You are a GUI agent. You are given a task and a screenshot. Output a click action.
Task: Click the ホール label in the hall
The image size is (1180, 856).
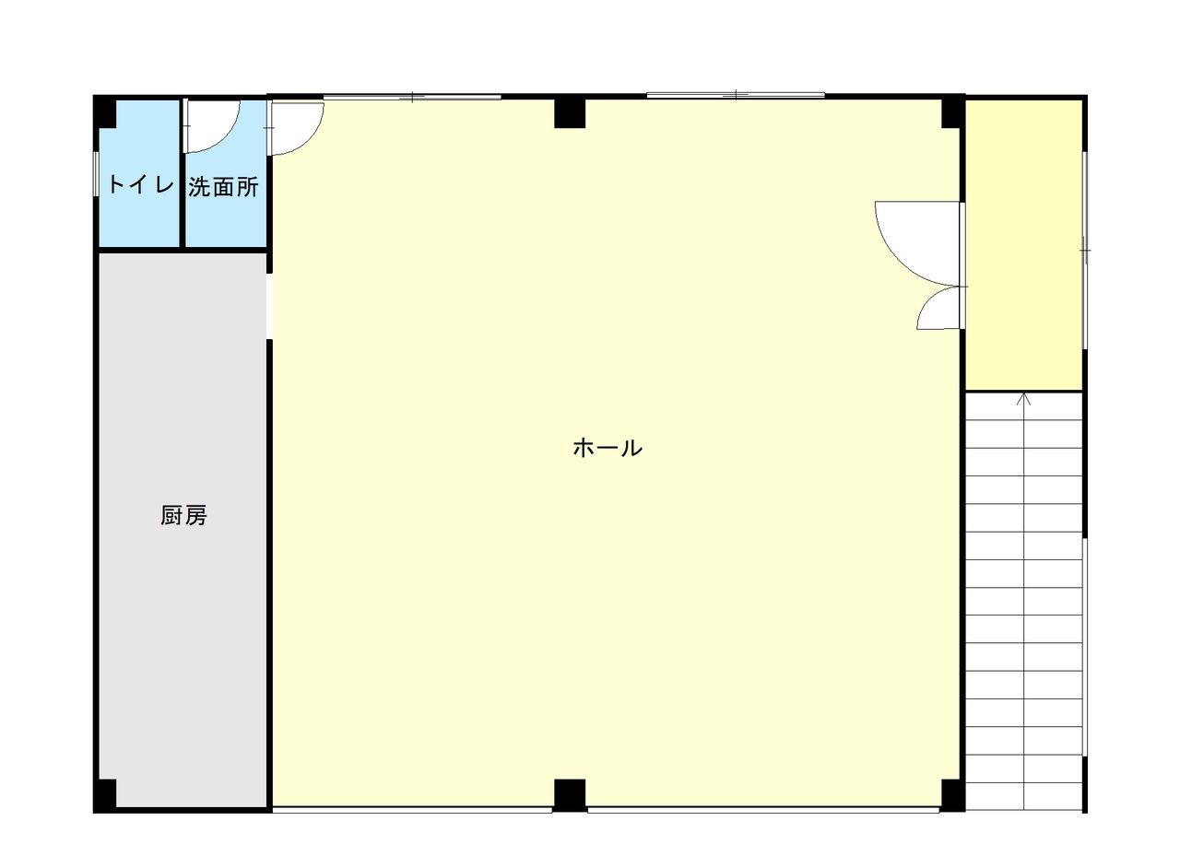click(x=607, y=448)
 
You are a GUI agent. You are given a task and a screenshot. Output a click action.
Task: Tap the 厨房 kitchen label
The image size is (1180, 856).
click(x=183, y=515)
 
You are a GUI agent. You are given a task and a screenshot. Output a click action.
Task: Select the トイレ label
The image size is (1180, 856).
click(x=141, y=185)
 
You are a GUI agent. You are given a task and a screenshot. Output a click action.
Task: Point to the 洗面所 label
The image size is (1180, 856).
click(x=223, y=187)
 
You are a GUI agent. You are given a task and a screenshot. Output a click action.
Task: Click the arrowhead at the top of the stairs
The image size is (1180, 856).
click(x=1023, y=399)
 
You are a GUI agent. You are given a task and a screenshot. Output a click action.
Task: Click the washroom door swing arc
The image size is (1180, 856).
click(x=225, y=138)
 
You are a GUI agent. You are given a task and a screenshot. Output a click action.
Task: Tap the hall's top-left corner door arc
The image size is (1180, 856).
click(x=309, y=142)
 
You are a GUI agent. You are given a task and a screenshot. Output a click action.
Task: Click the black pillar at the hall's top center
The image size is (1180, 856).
click(x=570, y=113)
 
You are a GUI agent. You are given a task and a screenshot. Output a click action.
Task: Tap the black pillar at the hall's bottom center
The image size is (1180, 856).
click(x=570, y=795)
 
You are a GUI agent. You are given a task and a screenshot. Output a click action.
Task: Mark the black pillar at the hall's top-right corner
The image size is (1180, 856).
click(x=953, y=112)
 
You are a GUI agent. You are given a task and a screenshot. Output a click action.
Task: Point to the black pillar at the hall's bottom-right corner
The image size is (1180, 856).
click(x=953, y=795)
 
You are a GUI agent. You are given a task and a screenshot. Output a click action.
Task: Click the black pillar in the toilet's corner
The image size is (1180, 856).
click(x=105, y=111)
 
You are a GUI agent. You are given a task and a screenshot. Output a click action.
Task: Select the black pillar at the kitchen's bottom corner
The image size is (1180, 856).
click(x=105, y=796)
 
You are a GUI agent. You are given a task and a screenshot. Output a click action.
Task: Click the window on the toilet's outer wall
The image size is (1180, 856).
click(x=96, y=174)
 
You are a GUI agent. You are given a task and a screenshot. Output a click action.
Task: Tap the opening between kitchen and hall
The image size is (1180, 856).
click(x=269, y=307)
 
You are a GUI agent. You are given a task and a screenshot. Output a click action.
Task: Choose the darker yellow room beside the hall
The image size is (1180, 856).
click(x=1023, y=245)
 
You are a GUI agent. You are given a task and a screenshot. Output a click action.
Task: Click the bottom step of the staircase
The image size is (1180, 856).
click(x=1023, y=797)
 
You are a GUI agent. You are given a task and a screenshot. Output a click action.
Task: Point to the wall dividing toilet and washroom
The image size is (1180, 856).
click(x=183, y=173)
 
